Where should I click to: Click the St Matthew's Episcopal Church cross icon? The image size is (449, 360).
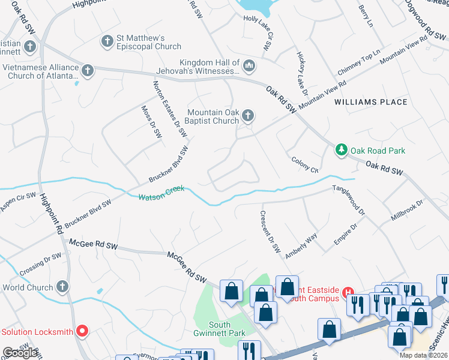[107, 41]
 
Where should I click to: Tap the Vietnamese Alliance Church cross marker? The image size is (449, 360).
[88, 71]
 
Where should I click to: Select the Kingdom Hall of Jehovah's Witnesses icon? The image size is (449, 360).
[249, 65]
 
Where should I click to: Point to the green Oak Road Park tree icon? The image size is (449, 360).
[342, 149]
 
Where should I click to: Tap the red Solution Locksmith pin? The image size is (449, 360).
[82, 331]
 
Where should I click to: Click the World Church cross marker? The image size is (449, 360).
[62, 286]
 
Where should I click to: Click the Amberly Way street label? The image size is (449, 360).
[301, 246]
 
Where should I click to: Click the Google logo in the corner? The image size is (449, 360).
[20, 353]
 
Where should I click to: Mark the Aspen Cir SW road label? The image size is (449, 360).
[19, 200]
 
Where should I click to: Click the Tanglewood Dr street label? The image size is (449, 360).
[349, 200]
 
